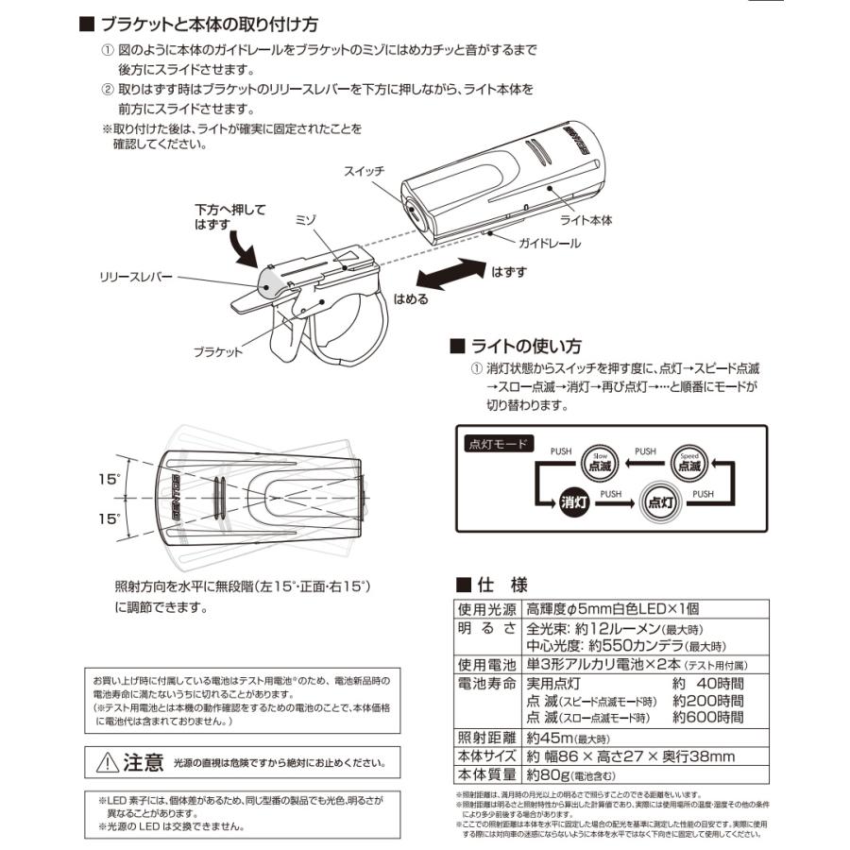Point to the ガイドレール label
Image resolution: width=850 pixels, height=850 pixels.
click(x=548, y=243)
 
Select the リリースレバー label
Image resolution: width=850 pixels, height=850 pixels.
click(x=135, y=279)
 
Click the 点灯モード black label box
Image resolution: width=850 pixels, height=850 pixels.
click(x=500, y=442)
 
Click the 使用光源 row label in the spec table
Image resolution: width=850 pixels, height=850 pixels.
click(x=486, y=609)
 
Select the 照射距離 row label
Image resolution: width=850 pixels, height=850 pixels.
click(x=486, y=738)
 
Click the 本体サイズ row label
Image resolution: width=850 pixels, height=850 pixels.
click(x=486, y=756)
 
